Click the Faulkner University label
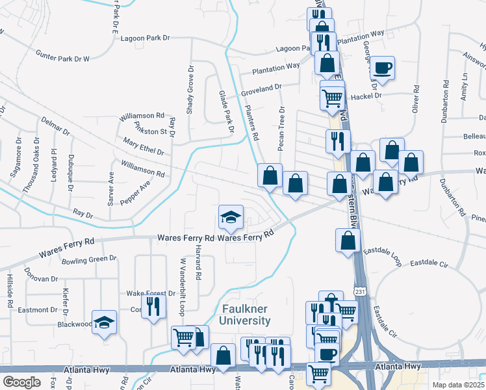click(x=246, y=315)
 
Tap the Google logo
click(x=21, y=382)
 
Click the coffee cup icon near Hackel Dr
click(x=382, y=68)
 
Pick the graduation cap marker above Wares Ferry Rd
click(x=231, y=217)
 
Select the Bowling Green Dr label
click(x=89, y=261)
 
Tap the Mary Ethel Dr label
click(x=142, y=147)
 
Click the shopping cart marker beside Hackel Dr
click(x=332, y=97)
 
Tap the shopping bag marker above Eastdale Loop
click(x=348, y=240)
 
